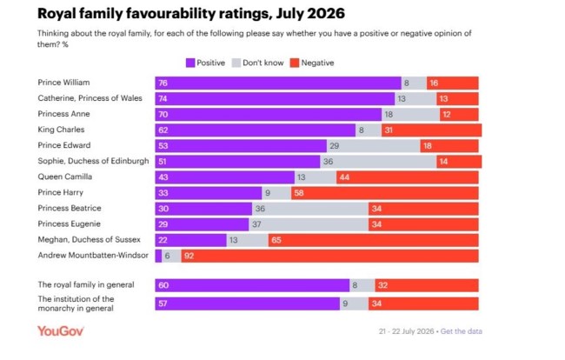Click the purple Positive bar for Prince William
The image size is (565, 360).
278,83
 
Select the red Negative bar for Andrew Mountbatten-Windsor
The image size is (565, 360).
330,256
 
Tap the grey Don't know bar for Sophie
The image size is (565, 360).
378,162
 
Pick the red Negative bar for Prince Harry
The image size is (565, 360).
385,193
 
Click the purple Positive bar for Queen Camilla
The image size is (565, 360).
225,177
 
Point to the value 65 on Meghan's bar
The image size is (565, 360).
276,240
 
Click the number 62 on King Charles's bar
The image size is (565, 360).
163,130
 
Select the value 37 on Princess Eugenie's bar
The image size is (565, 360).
256,224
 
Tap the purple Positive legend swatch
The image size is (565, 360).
190,63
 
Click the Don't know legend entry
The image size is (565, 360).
258,63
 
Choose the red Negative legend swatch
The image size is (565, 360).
295,63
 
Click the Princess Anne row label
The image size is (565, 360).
63,114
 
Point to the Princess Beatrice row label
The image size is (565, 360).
70,209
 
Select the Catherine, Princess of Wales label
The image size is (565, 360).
90,98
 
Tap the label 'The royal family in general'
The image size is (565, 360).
86,284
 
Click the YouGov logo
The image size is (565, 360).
61,331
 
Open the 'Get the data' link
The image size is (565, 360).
462,331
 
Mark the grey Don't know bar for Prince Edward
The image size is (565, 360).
373,146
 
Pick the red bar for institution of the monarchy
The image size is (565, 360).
423,303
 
